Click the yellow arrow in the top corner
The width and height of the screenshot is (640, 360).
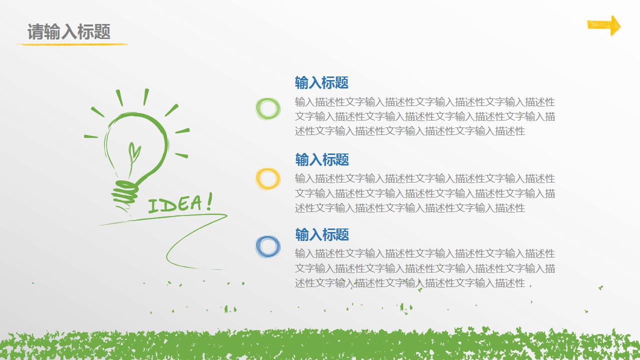tap(604, 25)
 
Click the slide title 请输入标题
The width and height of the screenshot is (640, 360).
tap(69, 31)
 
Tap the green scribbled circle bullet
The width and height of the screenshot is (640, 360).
tap(268, 108)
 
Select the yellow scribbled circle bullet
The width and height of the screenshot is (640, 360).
tap(268, 178)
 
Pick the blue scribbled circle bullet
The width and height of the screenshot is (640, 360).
tap(268, 246)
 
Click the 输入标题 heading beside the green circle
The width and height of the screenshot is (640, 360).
tap(321, 82)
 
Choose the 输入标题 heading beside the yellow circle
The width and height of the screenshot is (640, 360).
tap(321, 159)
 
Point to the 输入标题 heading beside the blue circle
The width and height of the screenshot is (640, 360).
tap(321, 234)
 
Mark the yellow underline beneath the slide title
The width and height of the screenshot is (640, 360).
tap(72, 44)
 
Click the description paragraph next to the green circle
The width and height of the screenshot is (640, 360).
tap(424, 116)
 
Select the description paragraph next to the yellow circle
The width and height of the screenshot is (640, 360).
tap(424, 193)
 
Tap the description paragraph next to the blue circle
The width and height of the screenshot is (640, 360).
tap(424, 268)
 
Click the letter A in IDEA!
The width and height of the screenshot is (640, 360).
tap(195, 203)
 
